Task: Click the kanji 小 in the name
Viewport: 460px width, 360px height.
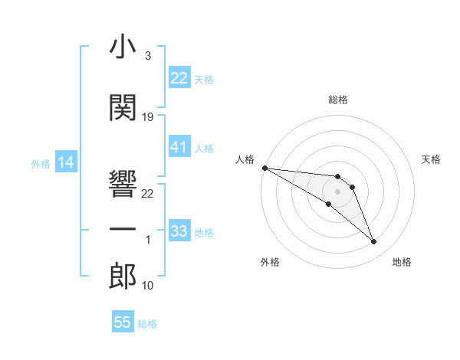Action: click(123, 47)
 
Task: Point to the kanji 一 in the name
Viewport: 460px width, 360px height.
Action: click(123, 230)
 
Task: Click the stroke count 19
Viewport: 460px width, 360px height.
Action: click(148, 116)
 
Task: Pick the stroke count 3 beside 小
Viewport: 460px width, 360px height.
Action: click(148, 56)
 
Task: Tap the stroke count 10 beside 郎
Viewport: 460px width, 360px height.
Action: click(148, 286)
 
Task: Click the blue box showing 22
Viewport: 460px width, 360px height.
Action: click(179, 77)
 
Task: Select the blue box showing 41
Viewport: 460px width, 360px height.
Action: click(179, 146)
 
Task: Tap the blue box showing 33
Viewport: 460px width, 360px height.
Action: click(179, 231)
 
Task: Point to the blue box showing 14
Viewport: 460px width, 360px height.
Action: click(65, 162)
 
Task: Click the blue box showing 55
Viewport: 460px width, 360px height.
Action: click(123, 322)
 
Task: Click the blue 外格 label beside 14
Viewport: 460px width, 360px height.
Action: click(41, 163)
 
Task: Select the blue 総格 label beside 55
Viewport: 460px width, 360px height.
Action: click(147, 324)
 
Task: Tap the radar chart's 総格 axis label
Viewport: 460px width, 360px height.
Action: click(337, 100)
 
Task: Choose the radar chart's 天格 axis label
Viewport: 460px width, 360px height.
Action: click(431, 159)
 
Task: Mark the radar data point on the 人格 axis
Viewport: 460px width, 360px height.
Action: click(264, 168)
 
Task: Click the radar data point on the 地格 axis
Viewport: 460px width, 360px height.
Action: click(374, 242)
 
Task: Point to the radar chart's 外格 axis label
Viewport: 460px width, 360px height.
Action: click(270, 262)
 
